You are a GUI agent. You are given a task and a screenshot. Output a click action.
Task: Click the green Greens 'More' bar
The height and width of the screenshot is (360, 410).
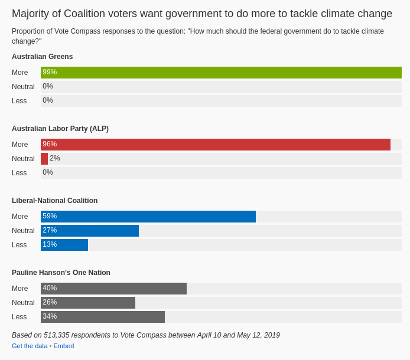221,73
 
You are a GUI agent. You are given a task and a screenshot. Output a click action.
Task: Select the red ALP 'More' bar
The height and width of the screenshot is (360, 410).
216,145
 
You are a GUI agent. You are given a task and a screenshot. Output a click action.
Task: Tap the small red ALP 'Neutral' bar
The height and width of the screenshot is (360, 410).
44,159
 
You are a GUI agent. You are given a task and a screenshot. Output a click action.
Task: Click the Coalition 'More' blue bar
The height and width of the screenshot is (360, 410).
148,217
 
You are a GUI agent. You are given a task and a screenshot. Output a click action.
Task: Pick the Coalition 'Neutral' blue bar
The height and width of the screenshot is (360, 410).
90,231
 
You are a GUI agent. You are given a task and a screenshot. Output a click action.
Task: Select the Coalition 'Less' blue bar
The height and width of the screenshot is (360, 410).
64,245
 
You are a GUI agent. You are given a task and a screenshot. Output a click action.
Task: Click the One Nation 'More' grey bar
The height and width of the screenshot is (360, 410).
113,289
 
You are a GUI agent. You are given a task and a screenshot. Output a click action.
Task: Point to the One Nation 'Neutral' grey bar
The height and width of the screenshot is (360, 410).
88,303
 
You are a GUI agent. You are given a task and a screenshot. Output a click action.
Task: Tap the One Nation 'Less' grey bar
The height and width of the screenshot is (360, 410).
103,317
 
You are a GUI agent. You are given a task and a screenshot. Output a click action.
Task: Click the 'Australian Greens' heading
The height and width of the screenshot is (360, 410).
43,57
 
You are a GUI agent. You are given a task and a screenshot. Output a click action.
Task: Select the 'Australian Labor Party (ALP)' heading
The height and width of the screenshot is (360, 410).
60,129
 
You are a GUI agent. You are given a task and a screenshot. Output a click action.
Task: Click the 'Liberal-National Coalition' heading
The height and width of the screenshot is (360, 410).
55,201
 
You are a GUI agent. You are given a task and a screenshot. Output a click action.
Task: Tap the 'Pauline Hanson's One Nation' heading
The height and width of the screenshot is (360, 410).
61,273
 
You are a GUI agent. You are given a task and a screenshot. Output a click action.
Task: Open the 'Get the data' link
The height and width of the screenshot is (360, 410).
30,346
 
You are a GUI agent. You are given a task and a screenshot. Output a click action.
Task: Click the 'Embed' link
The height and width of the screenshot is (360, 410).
64,346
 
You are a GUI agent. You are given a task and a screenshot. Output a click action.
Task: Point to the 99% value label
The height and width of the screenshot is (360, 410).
50,72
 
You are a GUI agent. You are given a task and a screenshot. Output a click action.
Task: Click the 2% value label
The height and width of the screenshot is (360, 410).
55,158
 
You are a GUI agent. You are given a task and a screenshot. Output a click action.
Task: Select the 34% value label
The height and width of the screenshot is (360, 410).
50,316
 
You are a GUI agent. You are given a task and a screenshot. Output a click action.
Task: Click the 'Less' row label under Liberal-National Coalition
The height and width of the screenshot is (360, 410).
19,245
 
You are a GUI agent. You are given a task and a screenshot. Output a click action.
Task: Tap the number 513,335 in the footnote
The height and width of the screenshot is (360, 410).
57,335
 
